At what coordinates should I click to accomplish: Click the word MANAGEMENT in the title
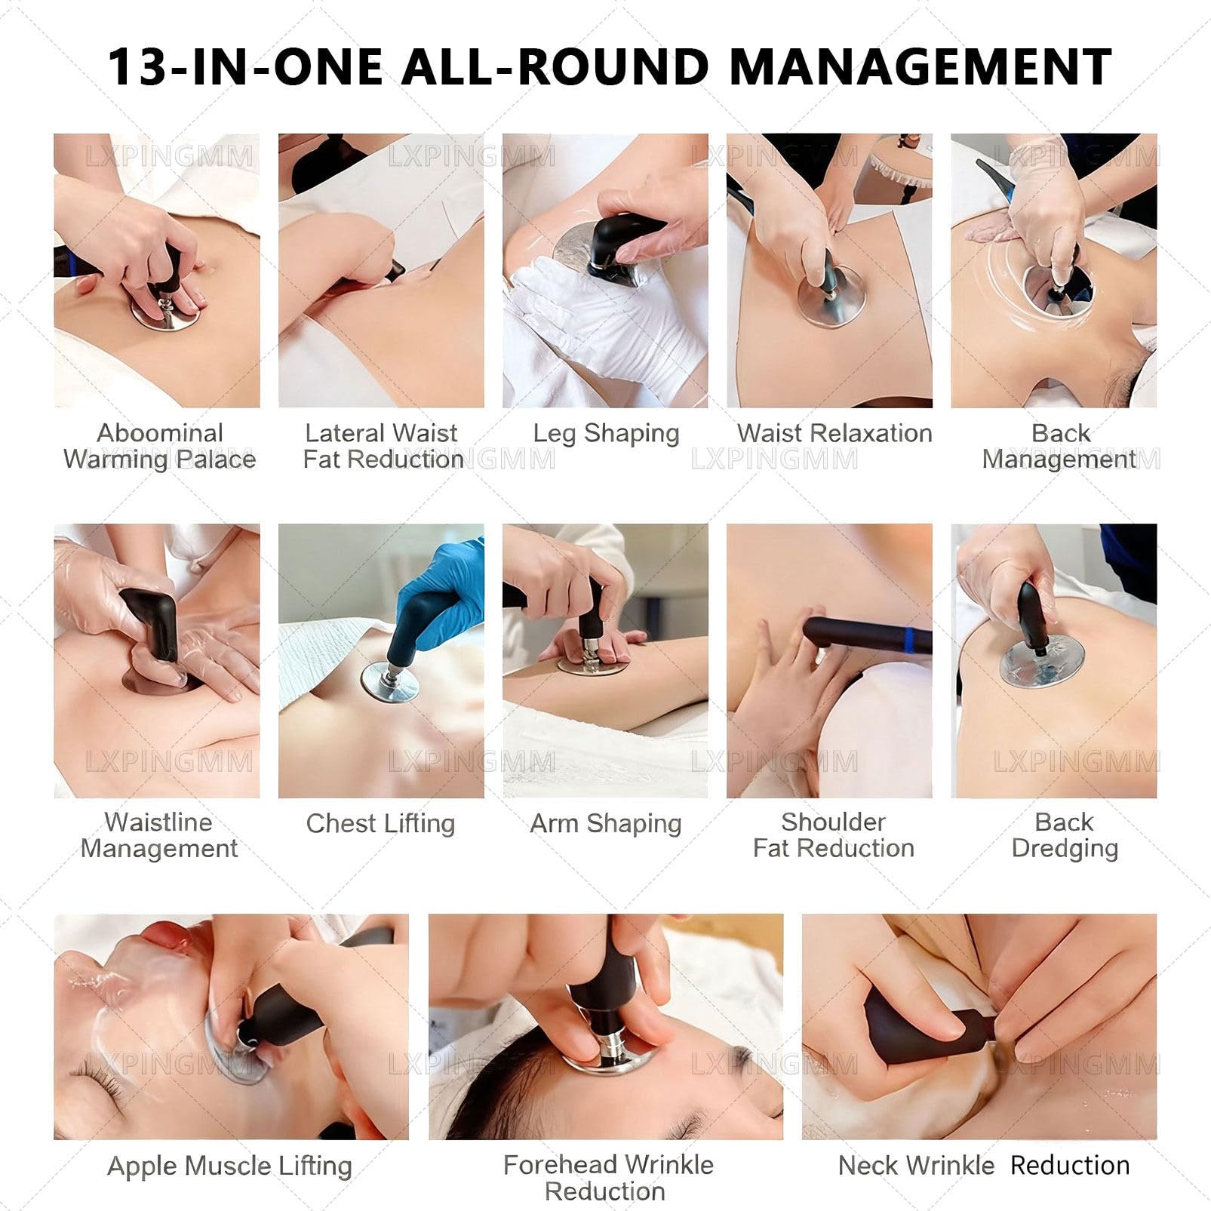[921, 66]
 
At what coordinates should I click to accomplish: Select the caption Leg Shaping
[606, 434]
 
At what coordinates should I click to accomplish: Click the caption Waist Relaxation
[834, 433]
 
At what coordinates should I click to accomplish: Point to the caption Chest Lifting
[380, 823]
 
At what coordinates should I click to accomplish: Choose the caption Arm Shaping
[606, 823]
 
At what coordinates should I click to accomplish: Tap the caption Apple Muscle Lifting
[230, 1166]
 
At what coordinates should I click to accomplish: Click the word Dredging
[1065, 849]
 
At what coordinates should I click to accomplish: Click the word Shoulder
[833, 822]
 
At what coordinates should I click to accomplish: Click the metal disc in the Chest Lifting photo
[389, 684]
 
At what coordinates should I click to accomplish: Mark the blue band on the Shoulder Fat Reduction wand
[908, 638]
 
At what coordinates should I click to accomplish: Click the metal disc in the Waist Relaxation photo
[831, 297]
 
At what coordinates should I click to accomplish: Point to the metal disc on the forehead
[607, 1060]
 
